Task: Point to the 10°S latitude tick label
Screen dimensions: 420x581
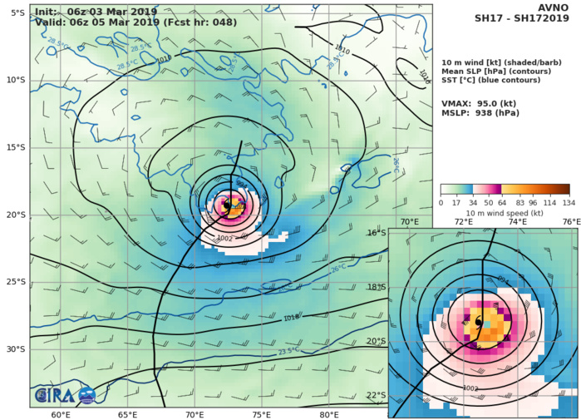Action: point(16,80)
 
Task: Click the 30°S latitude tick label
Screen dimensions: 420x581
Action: point(16,349)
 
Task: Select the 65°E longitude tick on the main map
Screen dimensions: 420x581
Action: point(127,415)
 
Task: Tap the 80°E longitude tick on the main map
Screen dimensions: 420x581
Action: point(329,415)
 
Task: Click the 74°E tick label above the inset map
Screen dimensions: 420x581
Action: point(517,222)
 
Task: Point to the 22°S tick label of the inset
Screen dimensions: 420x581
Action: point(377,395)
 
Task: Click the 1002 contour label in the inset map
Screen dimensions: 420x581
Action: point(470,388)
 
